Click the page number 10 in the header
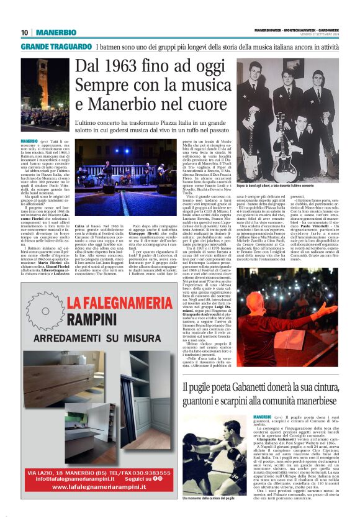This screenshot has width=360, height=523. [24, 32]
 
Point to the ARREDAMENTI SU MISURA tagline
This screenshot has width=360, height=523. [109, 339]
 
